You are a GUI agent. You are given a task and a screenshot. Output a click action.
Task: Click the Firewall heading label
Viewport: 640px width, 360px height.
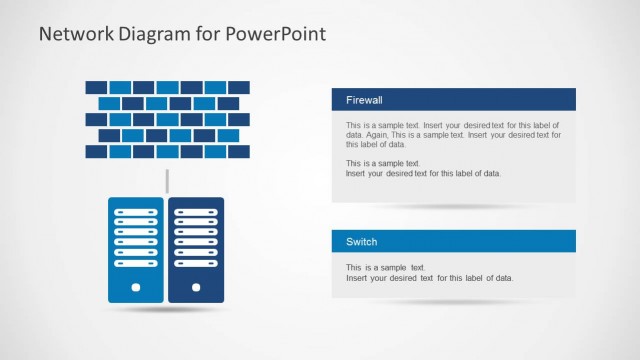[x=364, y=100]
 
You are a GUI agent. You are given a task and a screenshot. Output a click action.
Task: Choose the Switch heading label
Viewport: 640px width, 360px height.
[x=361, y=242]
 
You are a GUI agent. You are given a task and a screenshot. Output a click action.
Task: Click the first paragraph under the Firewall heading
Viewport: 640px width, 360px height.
[x=455, y=134]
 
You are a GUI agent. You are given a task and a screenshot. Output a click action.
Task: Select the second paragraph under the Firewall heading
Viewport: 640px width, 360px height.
[x=423, y=168]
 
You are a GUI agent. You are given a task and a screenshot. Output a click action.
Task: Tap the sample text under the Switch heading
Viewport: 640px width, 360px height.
[x=429, y=273]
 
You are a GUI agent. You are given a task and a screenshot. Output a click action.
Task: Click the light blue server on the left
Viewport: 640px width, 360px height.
[x=135, y=250]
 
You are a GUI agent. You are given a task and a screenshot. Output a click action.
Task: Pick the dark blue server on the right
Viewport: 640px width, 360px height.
[x=196, y=250]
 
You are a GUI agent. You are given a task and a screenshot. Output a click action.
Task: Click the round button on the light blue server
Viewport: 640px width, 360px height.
[x=135, y=287]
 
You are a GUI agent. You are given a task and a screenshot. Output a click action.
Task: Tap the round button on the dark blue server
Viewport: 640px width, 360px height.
[x=196, y=287]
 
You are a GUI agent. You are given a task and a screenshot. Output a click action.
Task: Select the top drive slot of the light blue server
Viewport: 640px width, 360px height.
[x=135, y=212]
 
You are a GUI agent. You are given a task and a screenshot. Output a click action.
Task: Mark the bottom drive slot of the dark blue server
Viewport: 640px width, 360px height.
[x=196, y=264]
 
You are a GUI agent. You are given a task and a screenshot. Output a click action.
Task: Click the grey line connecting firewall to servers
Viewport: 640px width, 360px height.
[x=167, y=181]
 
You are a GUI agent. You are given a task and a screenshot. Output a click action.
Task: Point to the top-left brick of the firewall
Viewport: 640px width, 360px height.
[x=96, y=87]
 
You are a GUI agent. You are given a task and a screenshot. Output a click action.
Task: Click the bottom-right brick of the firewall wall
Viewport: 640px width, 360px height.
[x=239, y=152]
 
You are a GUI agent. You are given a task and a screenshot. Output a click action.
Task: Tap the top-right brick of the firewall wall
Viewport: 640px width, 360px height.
[x=239, y=87]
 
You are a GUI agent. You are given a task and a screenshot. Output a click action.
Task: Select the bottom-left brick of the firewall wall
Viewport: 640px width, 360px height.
[x=96, y=152]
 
